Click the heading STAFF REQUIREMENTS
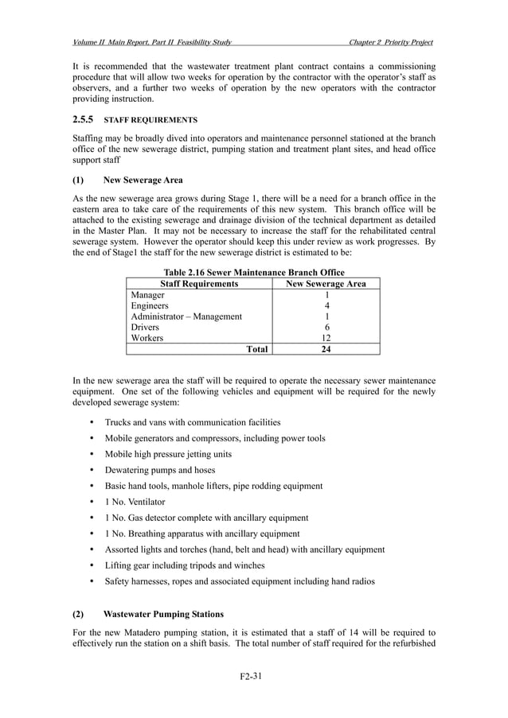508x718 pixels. pos(151,120)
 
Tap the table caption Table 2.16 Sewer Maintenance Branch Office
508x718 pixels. pos(253,272)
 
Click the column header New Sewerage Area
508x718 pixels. pos(326,283)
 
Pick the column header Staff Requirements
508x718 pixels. pos(199,283)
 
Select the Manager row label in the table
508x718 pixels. pos(148,294)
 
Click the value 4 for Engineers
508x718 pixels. pos(326,305)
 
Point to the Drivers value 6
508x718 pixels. pos(326,327)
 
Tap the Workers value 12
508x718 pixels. pos(326,338)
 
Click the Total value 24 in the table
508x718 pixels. pos(326,349)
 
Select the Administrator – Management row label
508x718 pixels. pos(186,316)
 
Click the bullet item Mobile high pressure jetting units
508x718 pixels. pos(168,454)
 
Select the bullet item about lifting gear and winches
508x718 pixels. pos(185,565)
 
